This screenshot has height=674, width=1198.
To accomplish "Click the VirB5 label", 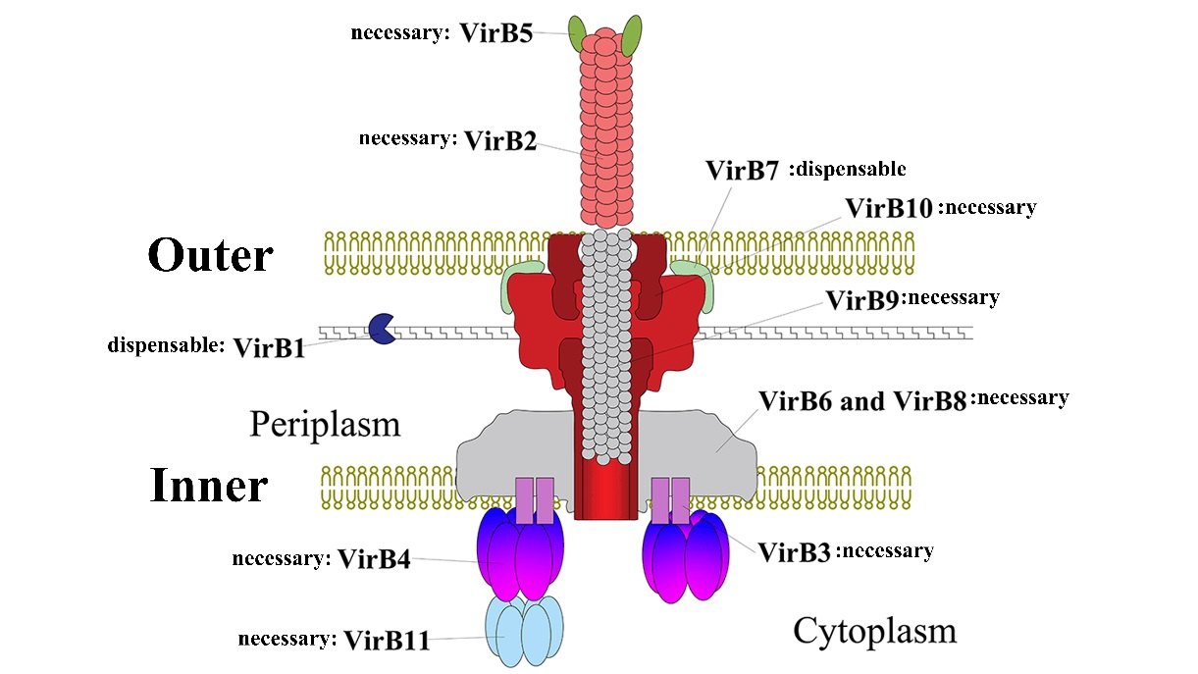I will (496, 33).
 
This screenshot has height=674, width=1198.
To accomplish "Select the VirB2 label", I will (500, 140).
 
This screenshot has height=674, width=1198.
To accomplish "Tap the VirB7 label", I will (742, 171).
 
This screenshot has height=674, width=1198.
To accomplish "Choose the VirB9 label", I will (862, 299).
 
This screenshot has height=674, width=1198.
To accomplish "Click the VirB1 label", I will (269, 347).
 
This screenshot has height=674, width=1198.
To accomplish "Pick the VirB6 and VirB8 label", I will (862, 401).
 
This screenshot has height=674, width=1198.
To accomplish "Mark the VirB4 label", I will (374, 559).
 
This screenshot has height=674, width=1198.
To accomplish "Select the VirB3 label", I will (795, 551).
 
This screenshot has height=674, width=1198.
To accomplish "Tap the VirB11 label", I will (387, 640).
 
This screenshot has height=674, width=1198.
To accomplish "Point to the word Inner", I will (209, 486).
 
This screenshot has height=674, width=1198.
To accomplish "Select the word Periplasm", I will (325, 425).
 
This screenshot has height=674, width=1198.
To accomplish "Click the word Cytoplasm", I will (874, 630).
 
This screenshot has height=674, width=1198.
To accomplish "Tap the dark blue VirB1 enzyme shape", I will (380, 329).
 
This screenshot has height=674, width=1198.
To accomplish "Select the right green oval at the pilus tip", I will (633, 34).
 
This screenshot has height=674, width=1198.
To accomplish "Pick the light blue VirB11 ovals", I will (524, 629).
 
